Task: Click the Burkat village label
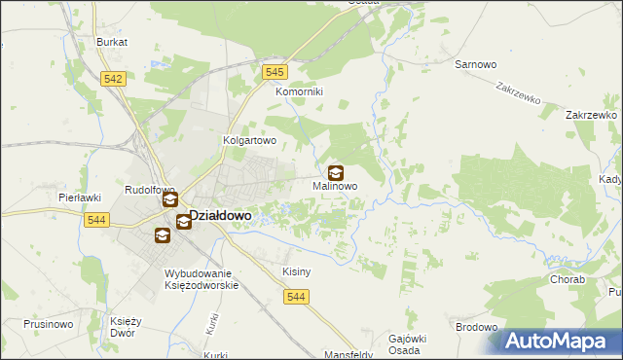click(x=113, y=43)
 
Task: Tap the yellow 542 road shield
click(x=113, y=80)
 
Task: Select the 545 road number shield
click(x=275, y=72)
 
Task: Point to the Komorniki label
click(x=299, y=91)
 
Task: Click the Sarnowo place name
click(x=476, y=64)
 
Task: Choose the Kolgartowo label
click(x=251, y=140)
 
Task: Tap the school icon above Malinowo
click(x=336, y=172)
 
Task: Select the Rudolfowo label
click(x=149, y=190)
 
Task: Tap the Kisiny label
click(x=296, y=271)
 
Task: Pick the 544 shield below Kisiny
click(x=298, y=297)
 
